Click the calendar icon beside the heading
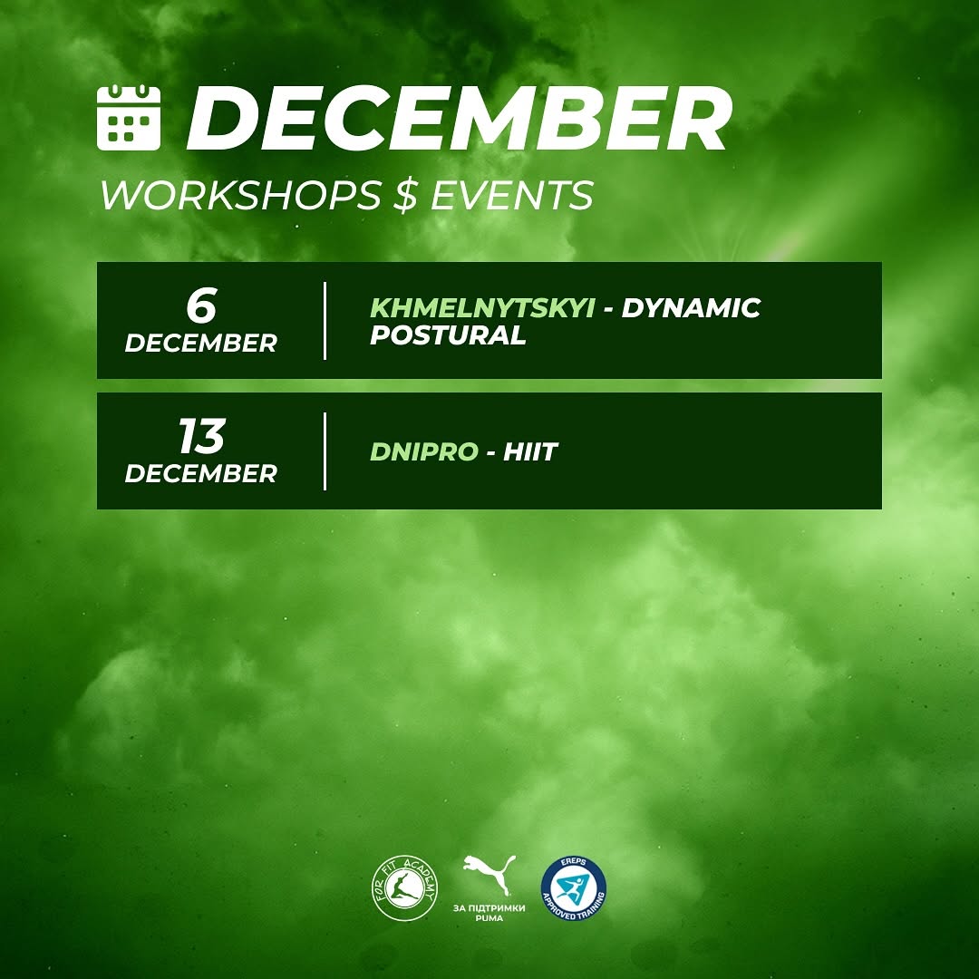129,117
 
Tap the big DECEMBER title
459,119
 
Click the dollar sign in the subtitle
406,195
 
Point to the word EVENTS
512,195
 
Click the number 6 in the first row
201,305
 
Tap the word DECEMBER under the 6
201,344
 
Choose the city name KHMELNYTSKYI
482,308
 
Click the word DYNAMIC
691,308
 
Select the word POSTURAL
449,335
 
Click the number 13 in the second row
201,436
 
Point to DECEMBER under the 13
201,474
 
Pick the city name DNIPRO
424,451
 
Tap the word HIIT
530,451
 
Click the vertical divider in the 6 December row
325,321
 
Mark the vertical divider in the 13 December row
325,451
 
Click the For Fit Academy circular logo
405,887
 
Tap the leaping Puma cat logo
489,874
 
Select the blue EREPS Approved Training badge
573,887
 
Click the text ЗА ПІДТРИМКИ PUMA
489,913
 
